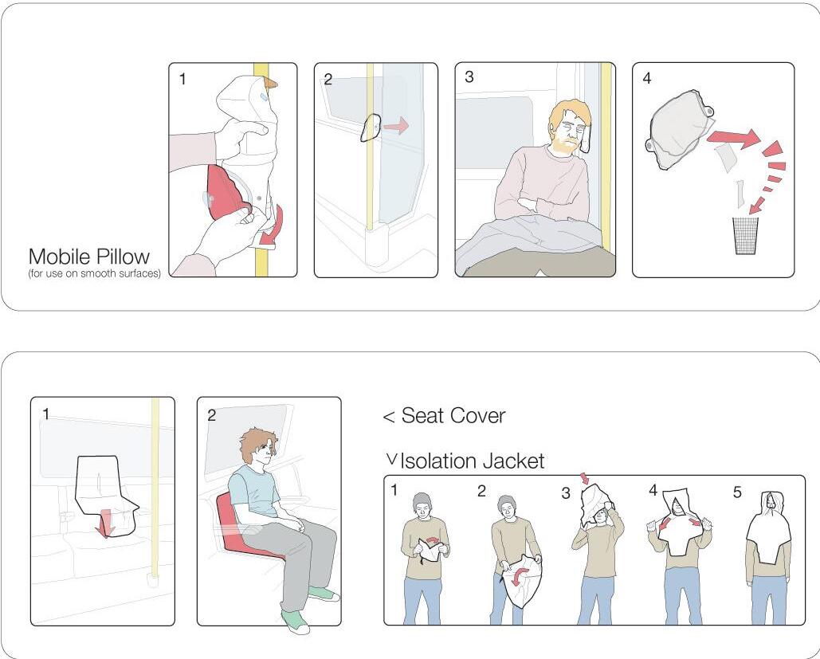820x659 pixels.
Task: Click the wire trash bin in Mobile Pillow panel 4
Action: (745, 236)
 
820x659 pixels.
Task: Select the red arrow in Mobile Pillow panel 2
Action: (396, 126)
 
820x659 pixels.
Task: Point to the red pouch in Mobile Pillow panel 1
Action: (226, 192)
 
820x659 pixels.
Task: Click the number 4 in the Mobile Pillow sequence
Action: (647, 78)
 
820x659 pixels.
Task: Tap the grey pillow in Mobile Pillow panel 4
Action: (679, 128)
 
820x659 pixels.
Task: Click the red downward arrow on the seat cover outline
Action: (107, 523)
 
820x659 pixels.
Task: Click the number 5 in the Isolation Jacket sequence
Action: (737, 492)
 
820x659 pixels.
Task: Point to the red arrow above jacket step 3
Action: (585, 478)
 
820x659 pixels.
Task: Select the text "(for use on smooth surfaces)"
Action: (95, 273)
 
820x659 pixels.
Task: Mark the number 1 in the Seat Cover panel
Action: (46, 414)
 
